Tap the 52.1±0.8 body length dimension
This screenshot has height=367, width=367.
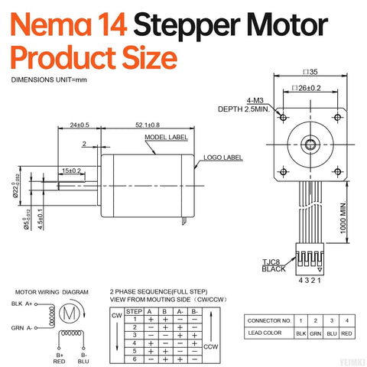[141, 125]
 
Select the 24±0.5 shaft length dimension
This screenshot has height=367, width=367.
[79, 125]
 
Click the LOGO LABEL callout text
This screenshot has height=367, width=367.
[222, 158]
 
